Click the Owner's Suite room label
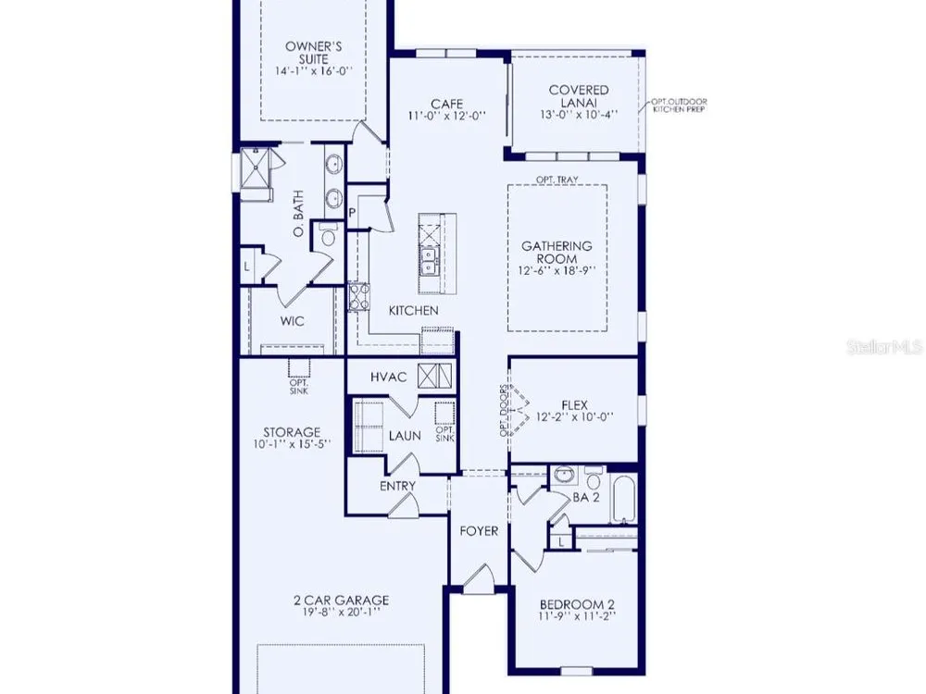tap(314, 53)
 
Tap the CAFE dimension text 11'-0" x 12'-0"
tap(447, 116)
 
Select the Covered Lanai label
tap(579, 96)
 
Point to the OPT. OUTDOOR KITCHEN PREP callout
tap(679, 105)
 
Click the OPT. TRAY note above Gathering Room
tap(557, 180)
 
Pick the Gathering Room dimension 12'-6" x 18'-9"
tap(557, 271)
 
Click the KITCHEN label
tap(413, 310)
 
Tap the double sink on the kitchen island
tap(428, 262)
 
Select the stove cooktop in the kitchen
tap(358, 296)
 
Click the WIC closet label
tap(293, 321)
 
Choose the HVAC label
tap(389, 378)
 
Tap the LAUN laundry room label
tap(405, 436)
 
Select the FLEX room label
tap(575, 405)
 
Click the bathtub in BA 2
tap(623, 500)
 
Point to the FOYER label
tap(479, 531)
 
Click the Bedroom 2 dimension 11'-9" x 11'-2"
tap(577, 616)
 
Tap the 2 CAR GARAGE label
tap(342, 601)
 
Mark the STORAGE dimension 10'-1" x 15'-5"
tap(292, 444)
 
